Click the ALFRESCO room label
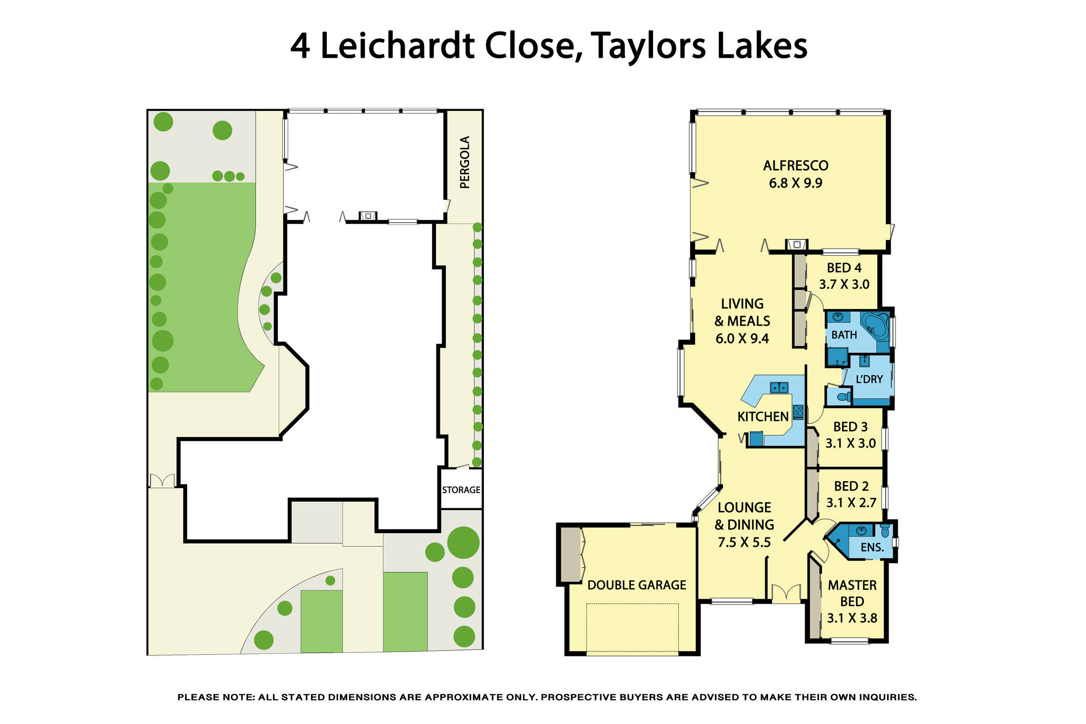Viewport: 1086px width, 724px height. tap(795, 165)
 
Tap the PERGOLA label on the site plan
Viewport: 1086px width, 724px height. tap(465, 162)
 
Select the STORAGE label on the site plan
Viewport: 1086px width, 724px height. tap(461, 490)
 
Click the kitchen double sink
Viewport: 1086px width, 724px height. tap(779, 388)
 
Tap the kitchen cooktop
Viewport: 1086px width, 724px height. tap(798, 412)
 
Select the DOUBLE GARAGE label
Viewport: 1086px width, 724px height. tap(636, 585)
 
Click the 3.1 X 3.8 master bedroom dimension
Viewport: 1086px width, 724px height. tap(852, 618)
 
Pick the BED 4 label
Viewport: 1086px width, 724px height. tap(844, 267)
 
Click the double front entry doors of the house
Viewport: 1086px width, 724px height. tap(786, 593)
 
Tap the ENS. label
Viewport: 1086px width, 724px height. tap(872, 547)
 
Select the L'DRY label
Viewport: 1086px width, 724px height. tap(869, 379)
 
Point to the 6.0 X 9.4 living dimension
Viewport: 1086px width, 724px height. tap(742, 339)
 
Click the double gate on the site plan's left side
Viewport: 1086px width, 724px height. tap(162, 480)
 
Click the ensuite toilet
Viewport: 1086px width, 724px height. tap(885, 531)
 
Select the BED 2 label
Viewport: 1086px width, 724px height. tap(851, 486)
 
